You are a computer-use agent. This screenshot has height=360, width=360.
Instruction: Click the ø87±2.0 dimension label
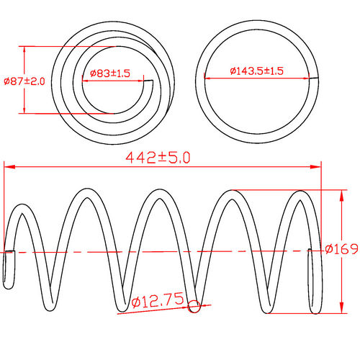pyautogui.click(x=24, y=81)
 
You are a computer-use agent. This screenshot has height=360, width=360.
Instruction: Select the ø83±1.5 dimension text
pyautogui.click(x=110, y=73)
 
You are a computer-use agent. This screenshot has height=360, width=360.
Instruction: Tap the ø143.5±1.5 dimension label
pyautogui.click(x=257, y=71)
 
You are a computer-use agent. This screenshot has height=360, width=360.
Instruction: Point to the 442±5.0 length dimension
pyautogui.click(x=158, y=158)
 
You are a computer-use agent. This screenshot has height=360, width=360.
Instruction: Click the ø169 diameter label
pyautogui.click(x=341, y=249)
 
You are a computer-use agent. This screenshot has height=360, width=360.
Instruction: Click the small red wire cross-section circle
pyautogui.click(x=193, y=308)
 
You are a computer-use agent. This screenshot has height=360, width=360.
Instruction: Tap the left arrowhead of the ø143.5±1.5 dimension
pyautogui.click(x=208, y=77)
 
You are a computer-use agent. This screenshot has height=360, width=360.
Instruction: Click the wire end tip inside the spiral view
pyautogui.click(x=151, y=84)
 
